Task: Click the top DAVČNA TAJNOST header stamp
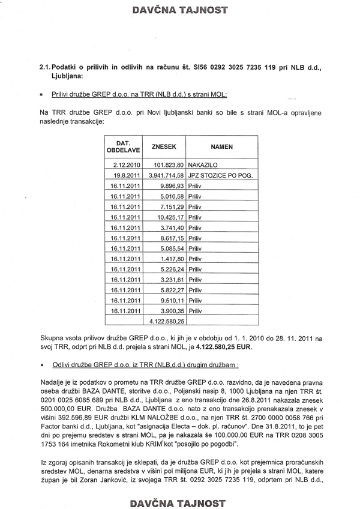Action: click(180, 10)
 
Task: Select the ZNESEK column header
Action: click(164, 146)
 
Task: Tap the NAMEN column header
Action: click(221, 146)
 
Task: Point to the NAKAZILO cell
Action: click(205, 164)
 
